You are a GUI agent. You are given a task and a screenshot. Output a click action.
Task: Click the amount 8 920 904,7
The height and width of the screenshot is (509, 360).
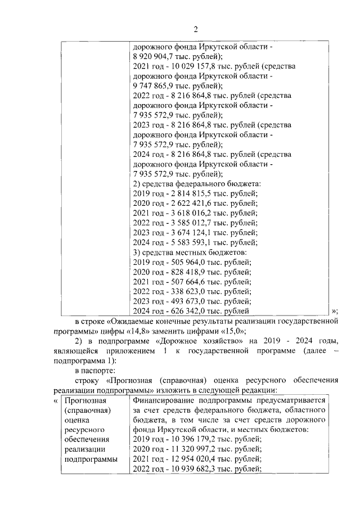point(154,57)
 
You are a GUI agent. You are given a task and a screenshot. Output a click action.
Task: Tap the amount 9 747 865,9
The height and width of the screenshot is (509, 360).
point(154,86)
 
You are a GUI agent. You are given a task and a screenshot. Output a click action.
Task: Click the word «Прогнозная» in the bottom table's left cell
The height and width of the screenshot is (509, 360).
point(85,400)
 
